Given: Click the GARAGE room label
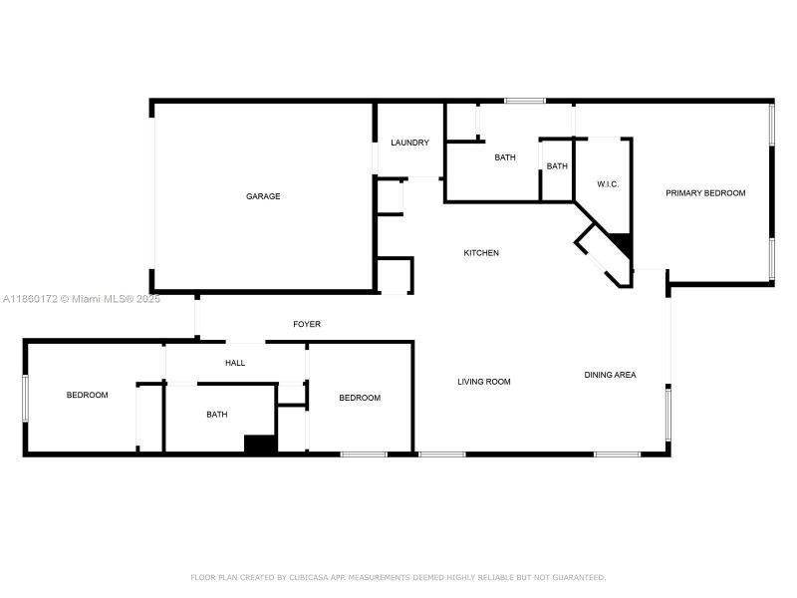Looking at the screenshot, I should tap(263, 196).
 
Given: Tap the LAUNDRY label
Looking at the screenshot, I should tap(409, 143).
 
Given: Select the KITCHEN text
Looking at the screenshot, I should tap(481, 253).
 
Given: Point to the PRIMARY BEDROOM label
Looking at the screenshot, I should tap(705, 192).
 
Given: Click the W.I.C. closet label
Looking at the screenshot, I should tap(609, 184).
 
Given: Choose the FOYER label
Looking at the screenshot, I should tap(307, 324).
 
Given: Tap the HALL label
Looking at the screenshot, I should tap(235, 363).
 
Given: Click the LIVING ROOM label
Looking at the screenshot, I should tap(484, 382).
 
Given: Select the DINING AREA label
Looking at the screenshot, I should tap(610, 375).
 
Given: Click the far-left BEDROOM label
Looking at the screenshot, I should tap(88, 396).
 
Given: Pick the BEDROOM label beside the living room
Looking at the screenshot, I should tap(360, 398).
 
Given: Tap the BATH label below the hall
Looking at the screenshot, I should tap(216, 415).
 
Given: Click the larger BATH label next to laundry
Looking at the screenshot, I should tap(505, 157).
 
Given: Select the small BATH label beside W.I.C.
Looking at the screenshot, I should tap(557, 166).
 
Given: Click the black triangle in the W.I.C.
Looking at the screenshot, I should tap(624, 243).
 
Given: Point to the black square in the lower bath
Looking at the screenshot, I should tap(260, 445).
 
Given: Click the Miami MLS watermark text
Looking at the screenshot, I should tap(81, 298).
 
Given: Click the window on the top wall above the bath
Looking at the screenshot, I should tap(524, 101).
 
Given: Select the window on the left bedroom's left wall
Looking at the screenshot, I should tap(26, 398).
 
